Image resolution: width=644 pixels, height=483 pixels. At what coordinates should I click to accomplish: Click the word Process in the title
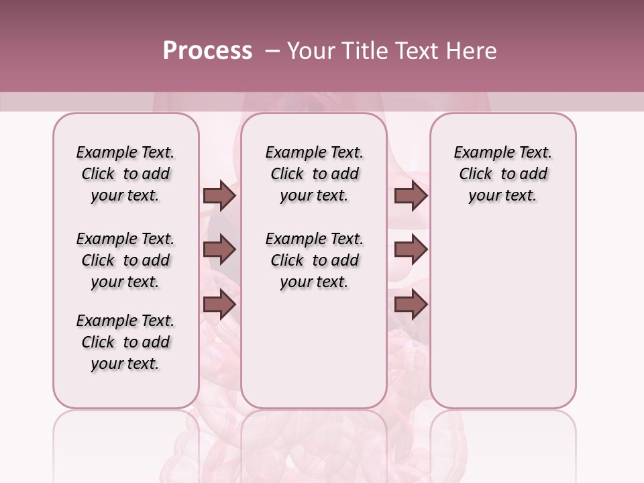tap(207, 51)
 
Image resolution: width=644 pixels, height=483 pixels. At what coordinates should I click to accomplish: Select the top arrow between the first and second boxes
tap(219, 196)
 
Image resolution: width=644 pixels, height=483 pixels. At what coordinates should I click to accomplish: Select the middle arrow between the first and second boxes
tap(219, 250)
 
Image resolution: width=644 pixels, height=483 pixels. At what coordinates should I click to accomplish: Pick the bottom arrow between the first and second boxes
tap(219, 305)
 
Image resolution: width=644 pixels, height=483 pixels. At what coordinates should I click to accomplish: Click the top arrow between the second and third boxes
tap(411, 196)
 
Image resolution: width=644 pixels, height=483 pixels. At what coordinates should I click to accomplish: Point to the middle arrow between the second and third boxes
tap(411, 250)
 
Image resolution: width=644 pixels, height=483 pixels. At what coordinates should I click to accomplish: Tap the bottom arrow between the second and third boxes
tap(411, 305)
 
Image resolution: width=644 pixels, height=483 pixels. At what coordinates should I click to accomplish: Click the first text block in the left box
tap(125, 174)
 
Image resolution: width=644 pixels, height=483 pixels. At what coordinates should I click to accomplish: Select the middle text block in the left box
tap(125, 260)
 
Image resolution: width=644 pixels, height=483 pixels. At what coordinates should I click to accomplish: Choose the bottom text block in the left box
tap(125, 342)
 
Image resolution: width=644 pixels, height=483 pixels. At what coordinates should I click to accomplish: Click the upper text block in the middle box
tap(314, 174)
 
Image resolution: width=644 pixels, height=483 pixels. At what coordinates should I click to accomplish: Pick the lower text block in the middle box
tap(314, 260)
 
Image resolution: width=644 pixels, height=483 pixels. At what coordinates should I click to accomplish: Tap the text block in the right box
tap(502, 174)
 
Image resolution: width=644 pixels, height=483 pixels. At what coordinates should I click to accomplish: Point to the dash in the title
tap(272, 51)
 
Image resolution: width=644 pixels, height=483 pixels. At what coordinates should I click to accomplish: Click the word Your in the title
tap(312, 51)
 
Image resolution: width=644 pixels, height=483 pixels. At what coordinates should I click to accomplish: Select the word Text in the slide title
tap(415, 51)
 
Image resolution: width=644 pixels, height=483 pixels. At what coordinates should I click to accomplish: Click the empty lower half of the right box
tap(502, 322)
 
